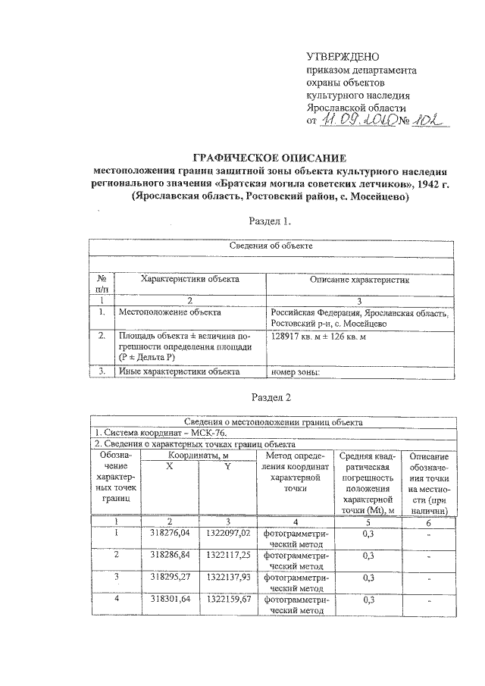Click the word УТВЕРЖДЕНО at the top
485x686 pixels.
point(342,56)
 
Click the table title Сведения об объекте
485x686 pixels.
point(271,246)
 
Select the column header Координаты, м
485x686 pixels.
point(199,455)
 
